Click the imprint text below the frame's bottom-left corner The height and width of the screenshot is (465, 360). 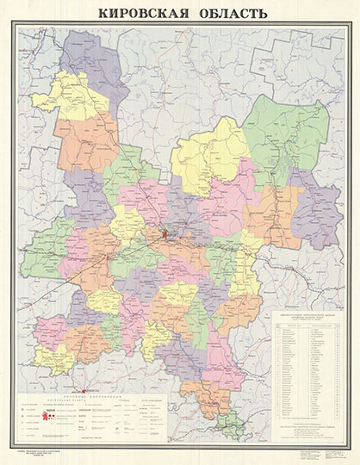point(43,455)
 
